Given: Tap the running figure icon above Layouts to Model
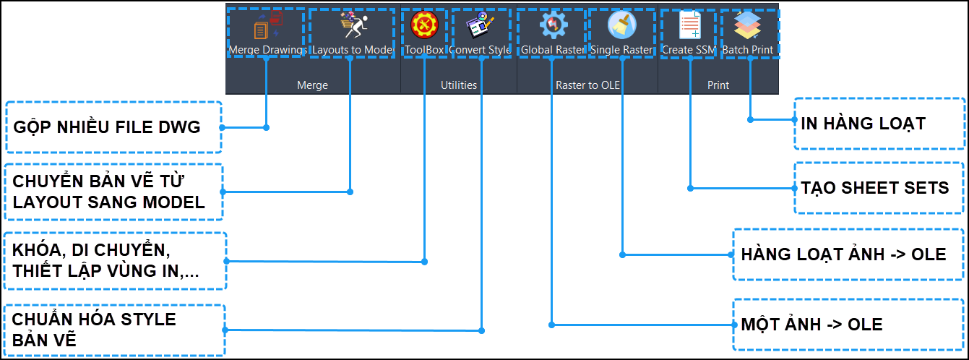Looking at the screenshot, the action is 354,25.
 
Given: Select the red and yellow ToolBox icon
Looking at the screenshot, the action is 424,25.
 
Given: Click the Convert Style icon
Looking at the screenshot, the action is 481,25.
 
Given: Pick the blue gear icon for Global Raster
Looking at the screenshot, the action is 554,25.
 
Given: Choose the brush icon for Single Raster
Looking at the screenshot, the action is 621,25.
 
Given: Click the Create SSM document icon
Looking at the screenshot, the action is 689,25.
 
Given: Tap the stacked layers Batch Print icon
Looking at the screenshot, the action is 747,25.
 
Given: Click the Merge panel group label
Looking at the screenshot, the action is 312,85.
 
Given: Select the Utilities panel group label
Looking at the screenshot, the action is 459,85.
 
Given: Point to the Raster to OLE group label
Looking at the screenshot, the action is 587,85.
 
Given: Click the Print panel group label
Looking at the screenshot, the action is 718,85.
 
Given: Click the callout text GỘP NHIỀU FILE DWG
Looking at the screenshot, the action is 107,127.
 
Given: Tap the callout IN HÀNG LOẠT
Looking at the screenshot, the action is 863,124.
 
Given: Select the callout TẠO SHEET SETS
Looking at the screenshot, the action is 874,188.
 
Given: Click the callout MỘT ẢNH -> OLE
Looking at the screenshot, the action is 811,325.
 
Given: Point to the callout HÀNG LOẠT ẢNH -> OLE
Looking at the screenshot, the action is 843,254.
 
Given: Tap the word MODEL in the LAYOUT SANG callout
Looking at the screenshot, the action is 174,202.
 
